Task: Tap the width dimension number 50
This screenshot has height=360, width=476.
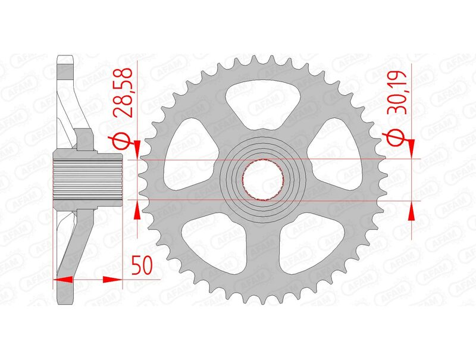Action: pyautogui.click(x=141, y=266)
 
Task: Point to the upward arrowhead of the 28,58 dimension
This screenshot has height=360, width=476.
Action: pyautogui.click(x=138, y=209)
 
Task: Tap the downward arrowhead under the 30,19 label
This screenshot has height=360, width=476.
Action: pyautogui.click(x=411, y=151)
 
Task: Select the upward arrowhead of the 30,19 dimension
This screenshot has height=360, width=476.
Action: pyautogui.click(x=411, y=209)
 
